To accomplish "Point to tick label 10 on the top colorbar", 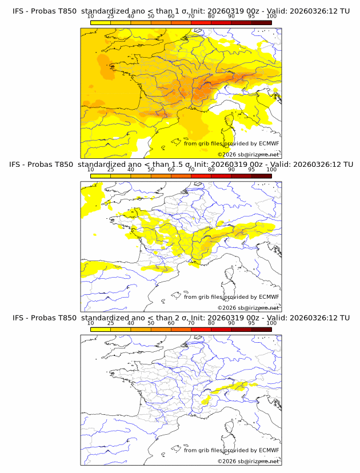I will coord(91,16).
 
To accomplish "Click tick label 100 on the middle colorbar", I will coord(271,170).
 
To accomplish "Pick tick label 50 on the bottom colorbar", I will coord(151,323).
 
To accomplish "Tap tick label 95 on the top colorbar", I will coord(251,16).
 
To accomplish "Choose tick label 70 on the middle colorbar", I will coord(191,170).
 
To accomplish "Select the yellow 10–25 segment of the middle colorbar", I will coord(101,176).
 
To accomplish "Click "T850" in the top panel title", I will coord(62,11).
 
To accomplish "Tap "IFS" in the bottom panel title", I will coord(19,318).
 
